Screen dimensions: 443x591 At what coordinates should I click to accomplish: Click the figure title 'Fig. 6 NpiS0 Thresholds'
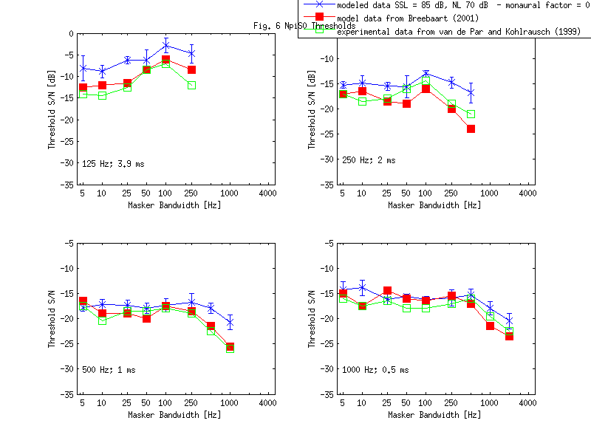pos(293,26)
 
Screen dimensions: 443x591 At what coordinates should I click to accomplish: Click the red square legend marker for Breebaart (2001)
pos(319,17)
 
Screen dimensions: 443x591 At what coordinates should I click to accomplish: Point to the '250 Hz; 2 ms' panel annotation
pos(368,159)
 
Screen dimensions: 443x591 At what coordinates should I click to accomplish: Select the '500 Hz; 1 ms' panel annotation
pos(109,370)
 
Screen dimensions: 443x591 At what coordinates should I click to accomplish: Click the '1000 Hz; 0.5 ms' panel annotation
pos(375,370)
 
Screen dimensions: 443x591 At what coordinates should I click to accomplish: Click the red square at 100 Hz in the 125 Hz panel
pos(165,60)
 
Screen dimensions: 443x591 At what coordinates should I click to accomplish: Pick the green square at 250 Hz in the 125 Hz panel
pos(191,86)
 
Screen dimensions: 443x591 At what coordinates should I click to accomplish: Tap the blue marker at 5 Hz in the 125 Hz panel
pos(83,69)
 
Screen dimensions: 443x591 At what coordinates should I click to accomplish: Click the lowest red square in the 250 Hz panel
pos(471,128)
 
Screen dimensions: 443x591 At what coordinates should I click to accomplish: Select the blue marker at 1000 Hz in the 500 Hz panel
pos(230,322)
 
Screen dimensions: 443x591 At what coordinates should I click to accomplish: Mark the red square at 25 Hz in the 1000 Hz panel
pos(387,291)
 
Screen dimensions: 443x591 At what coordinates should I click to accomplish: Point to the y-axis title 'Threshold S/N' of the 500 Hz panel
pos(52,318)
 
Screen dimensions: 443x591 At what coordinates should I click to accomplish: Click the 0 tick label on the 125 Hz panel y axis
pos(71,33)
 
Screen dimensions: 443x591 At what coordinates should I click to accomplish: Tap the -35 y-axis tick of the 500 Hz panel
pos(68,394)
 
